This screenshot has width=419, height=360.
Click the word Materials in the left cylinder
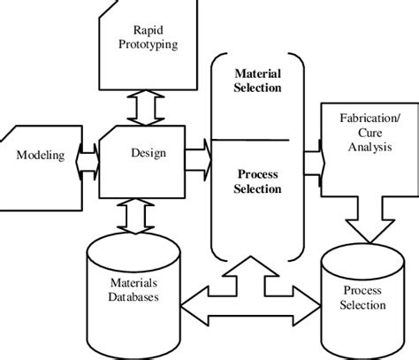[132, 284]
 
